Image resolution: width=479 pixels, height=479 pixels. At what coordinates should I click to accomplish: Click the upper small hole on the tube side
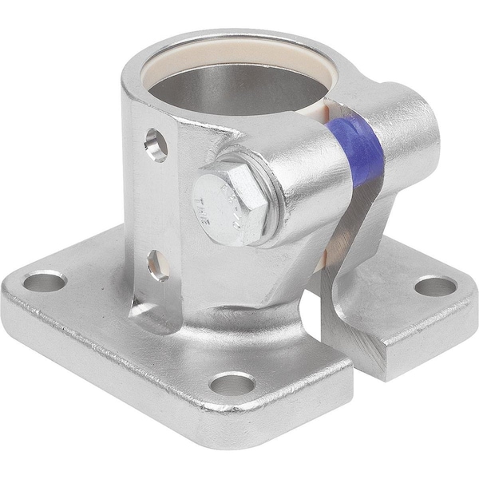coord(156,144)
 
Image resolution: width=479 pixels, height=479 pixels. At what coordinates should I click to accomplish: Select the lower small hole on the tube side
coord(157,264)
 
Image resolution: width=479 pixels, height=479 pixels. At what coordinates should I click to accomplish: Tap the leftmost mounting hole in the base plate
coord(44,281)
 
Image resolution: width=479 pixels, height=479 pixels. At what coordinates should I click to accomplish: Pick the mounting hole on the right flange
coord(435,286)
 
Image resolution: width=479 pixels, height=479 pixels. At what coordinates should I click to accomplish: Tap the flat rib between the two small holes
coord(156,204)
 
